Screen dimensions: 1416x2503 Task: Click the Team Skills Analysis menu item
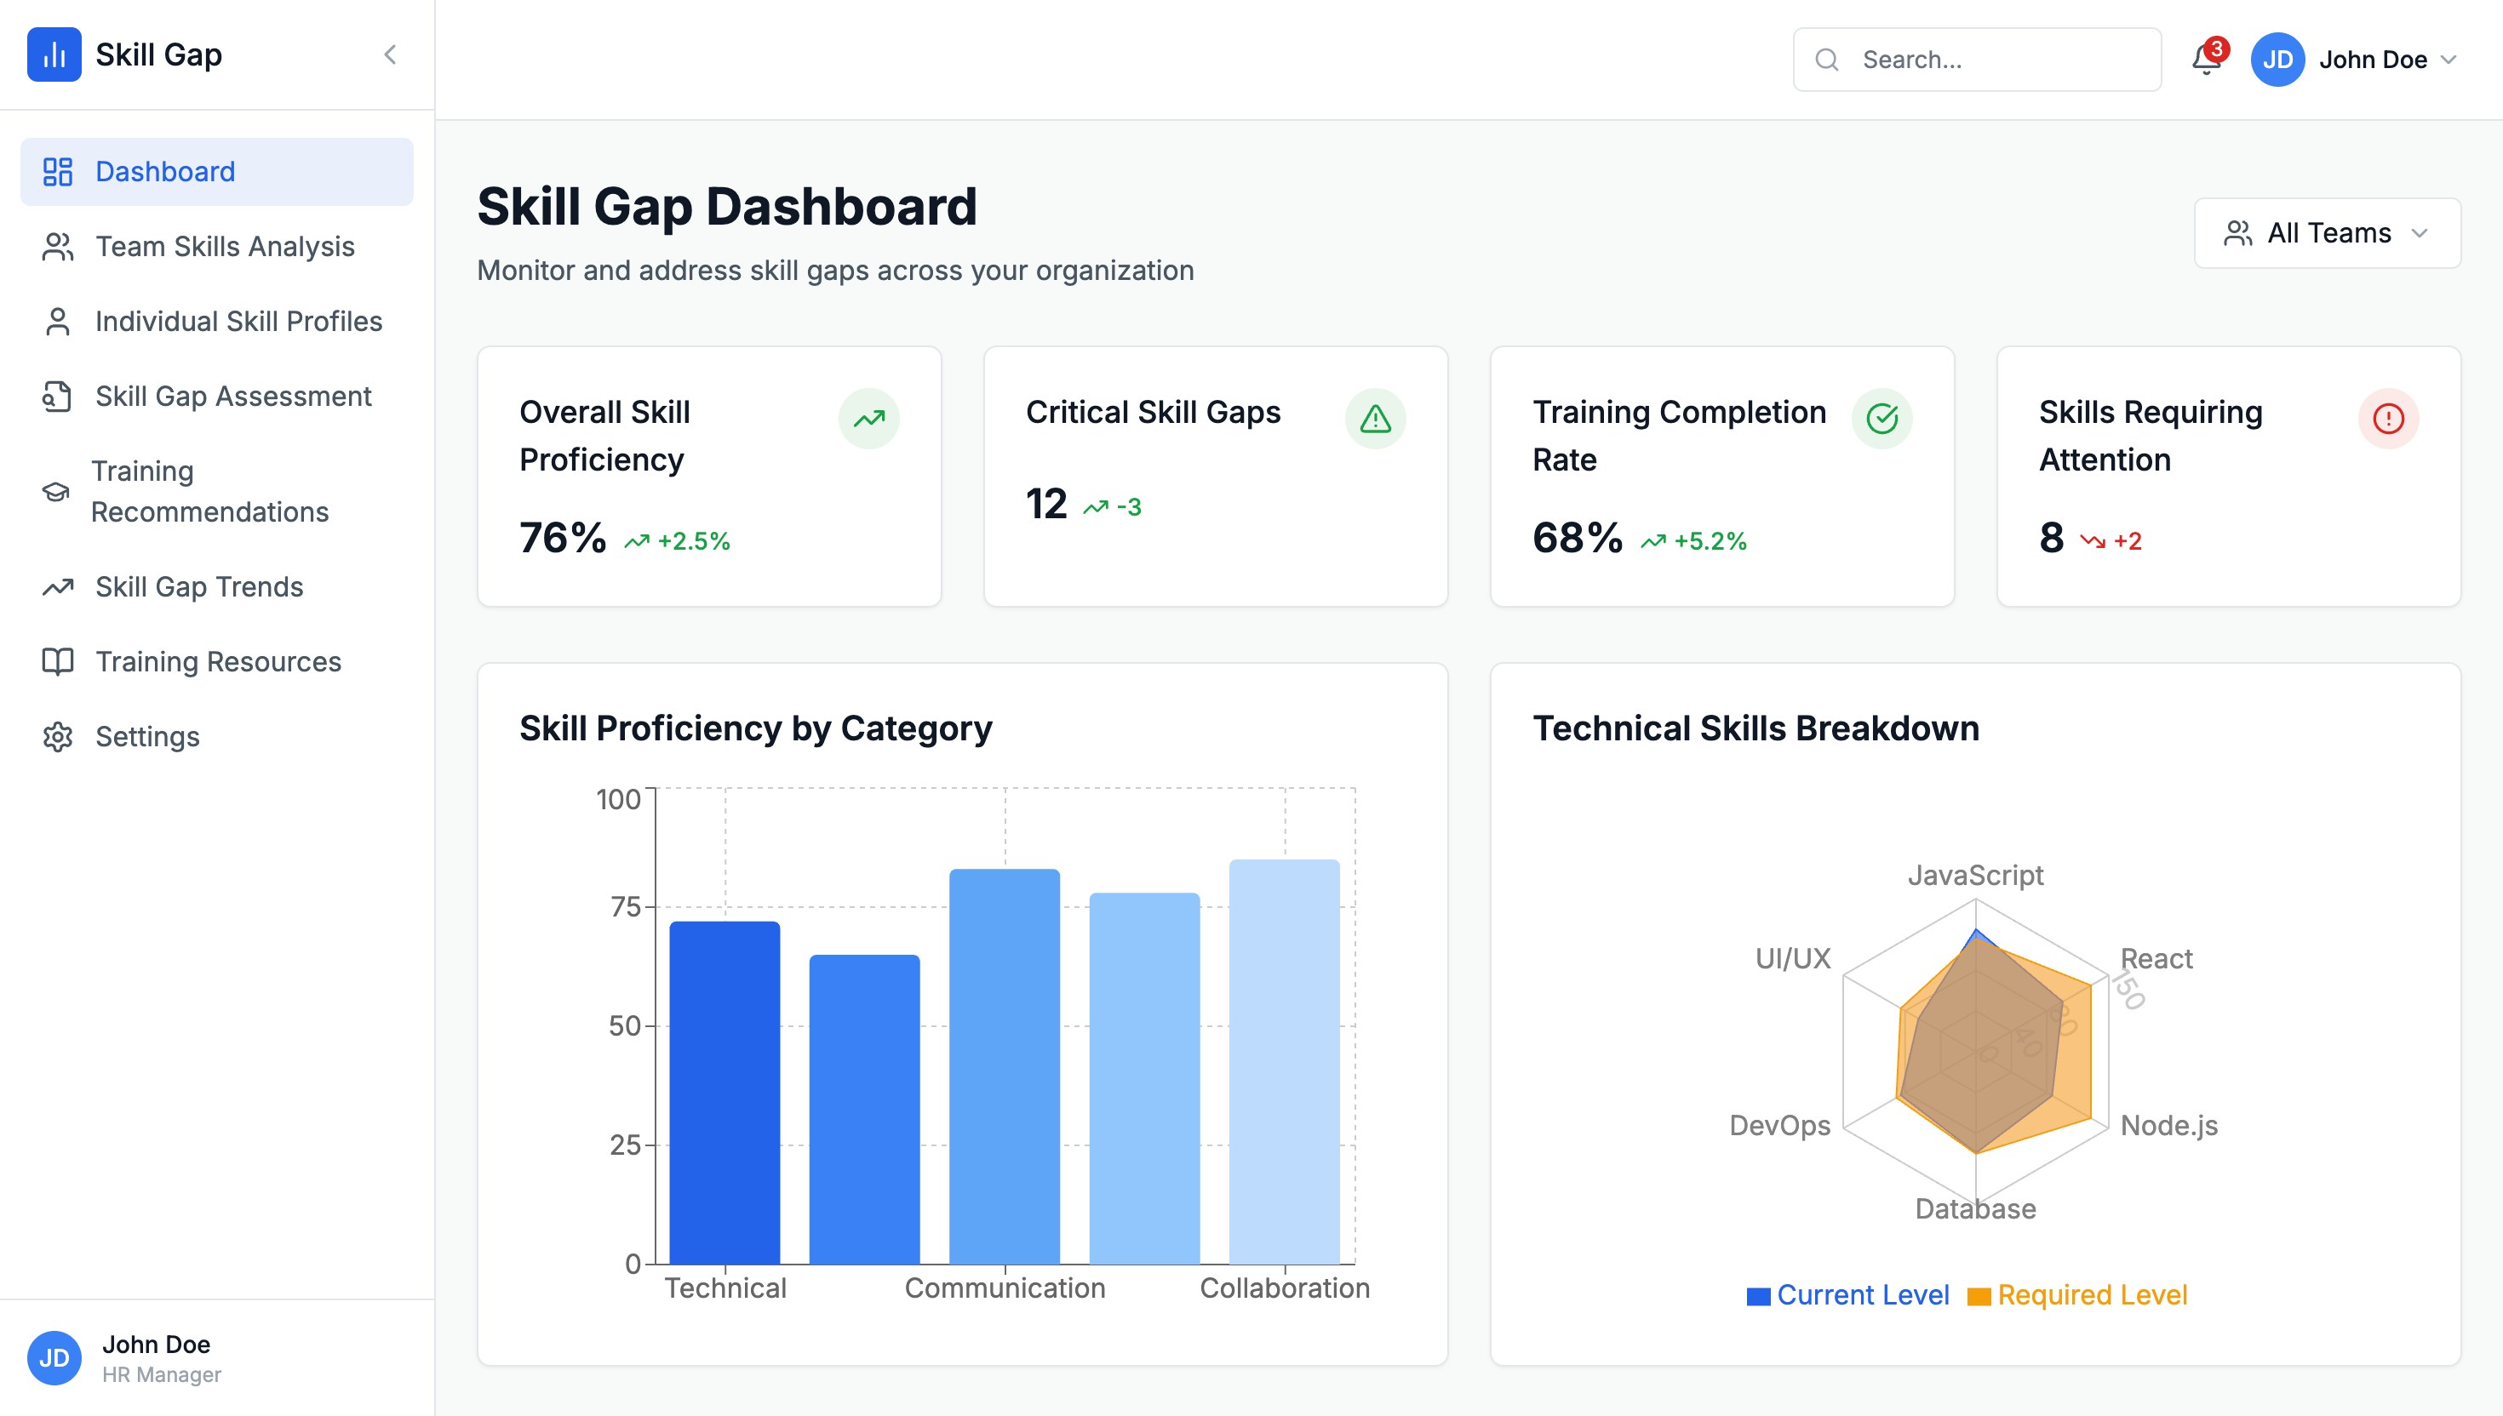[224, 247]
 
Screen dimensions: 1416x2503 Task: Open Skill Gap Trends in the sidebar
[198, 587]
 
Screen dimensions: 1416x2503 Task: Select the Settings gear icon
[57, 737]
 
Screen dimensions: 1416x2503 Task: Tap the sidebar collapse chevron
[390, 54]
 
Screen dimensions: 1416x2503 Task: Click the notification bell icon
[2205, 60]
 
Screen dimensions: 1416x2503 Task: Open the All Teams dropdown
[2326, 233]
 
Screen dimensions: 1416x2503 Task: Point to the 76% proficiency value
[562, 538]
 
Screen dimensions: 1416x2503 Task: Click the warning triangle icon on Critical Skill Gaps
[1375, 420]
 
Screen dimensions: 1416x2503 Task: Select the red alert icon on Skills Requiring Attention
[2387, 420]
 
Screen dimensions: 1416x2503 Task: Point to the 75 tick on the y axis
[625, 907]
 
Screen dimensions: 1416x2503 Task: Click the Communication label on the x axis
[1005, 1288]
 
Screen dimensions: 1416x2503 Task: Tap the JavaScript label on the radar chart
[1975, 876]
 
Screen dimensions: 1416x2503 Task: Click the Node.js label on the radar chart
[2168, 1125]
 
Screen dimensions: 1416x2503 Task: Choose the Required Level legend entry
[2092, 1295]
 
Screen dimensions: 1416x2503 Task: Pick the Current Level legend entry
[1862, 1295]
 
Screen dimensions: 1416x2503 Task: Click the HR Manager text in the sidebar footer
[162, 1375]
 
